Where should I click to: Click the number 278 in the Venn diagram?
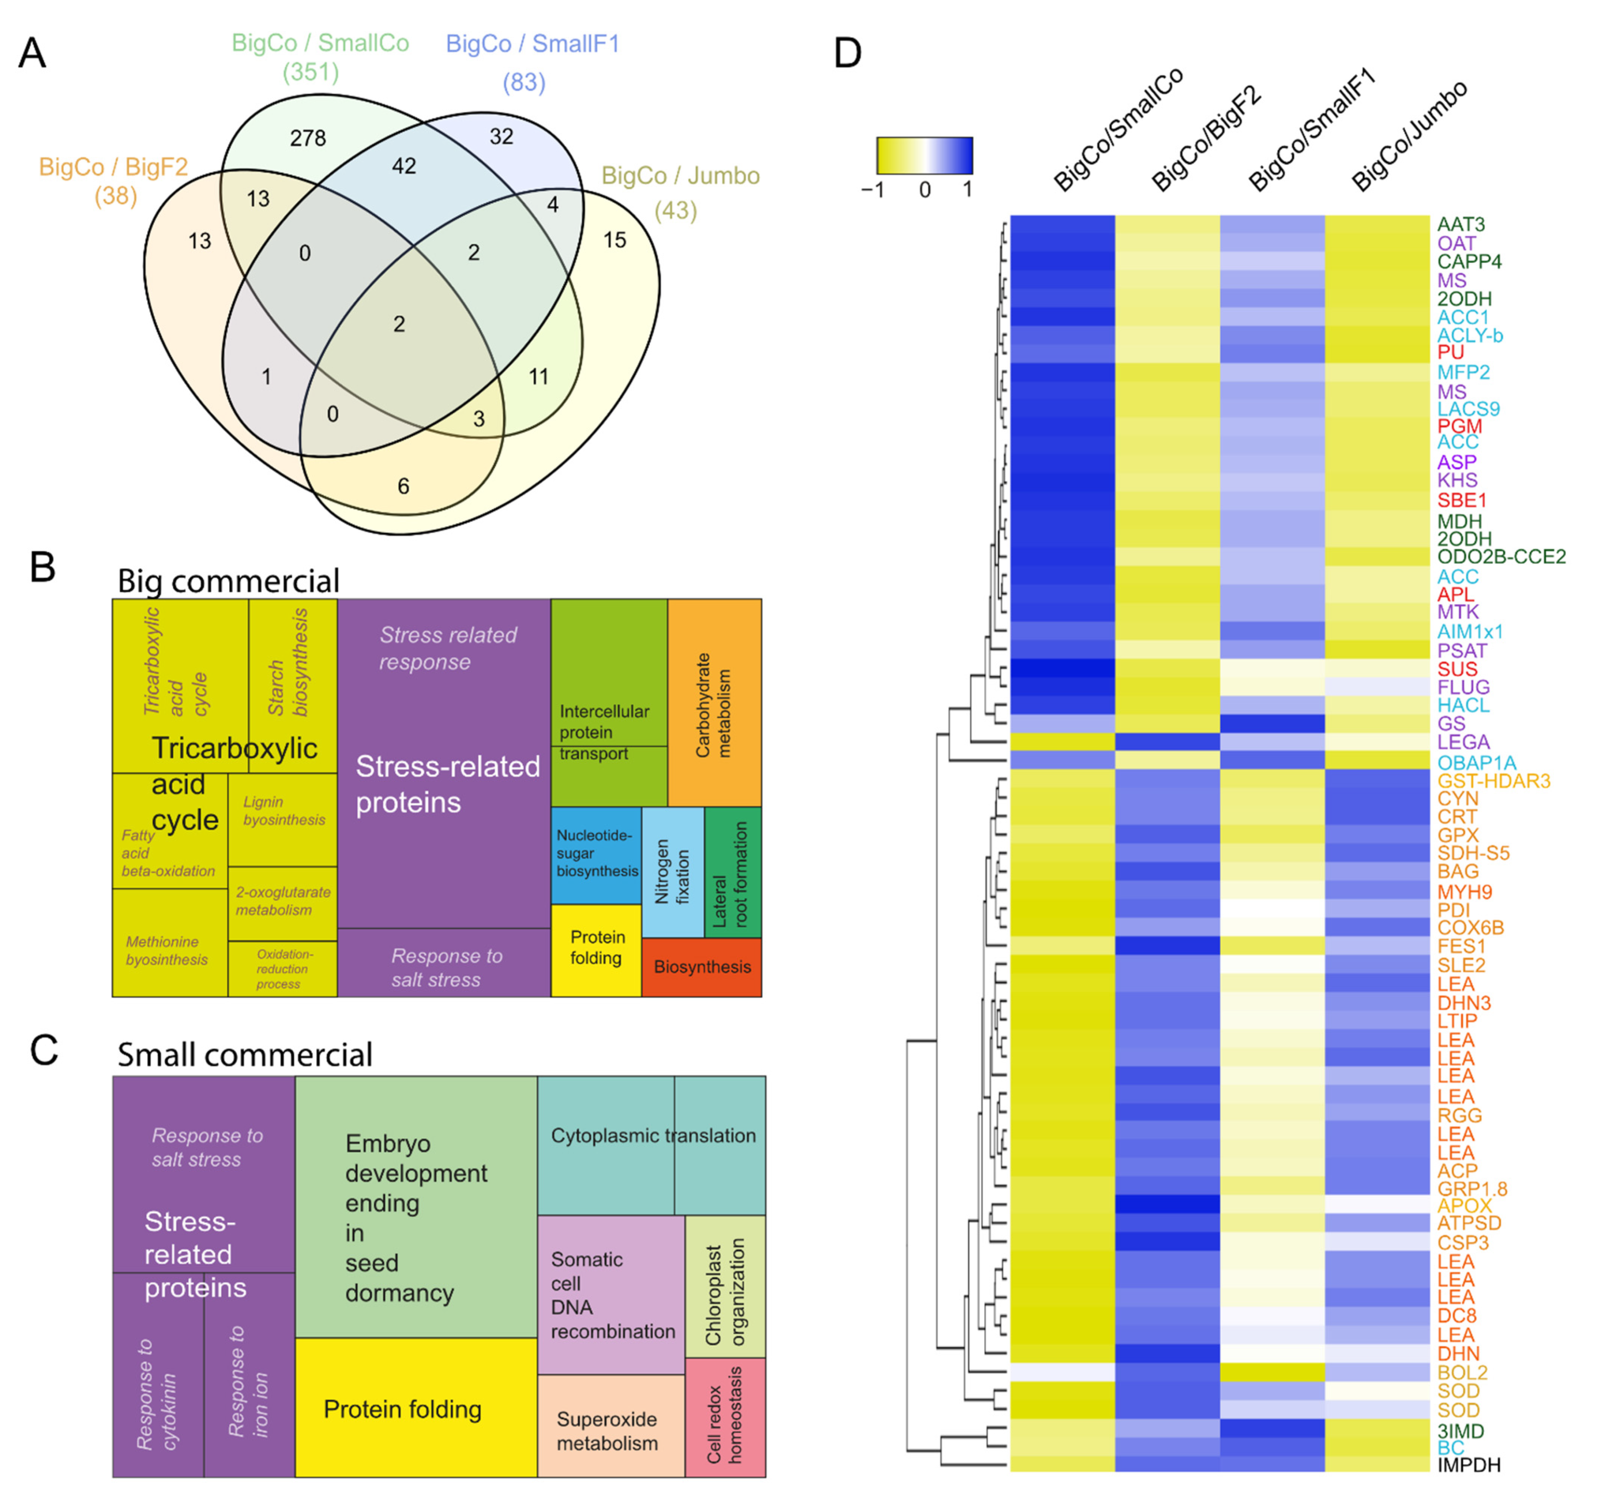point(308,138)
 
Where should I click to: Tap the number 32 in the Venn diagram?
point(501,136)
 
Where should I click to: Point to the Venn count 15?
point(615,240)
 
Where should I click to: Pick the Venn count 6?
point(403,486)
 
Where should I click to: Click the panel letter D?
point(848,54)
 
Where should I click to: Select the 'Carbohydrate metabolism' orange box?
point(714,703)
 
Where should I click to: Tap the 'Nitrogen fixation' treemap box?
point(672,872)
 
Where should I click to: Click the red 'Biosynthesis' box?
point(701,967)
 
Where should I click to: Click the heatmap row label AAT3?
point(1461,224)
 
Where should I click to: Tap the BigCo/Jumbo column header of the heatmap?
point(1410,136)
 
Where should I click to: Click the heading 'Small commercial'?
point(245,1054)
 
